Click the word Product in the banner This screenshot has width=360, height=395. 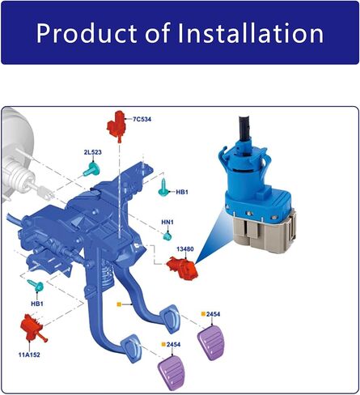tap(87, 33)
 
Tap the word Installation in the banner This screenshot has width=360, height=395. tap(251, 32)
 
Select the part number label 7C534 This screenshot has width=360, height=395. tap(142, 119)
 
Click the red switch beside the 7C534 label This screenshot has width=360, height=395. tap(116, 126)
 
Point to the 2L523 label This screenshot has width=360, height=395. tap(93, 152)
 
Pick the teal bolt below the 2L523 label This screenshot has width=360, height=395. tap(91, 169)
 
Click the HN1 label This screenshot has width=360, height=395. tap(167, 222)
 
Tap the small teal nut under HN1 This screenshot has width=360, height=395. tap(167, 236)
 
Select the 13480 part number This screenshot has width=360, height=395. tap(185, 249)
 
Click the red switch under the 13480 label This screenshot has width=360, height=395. tap(183, 268)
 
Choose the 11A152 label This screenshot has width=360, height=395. tap(29, 355)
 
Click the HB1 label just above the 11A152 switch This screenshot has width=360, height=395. tap(37, 304)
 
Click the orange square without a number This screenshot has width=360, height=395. tap(119, 304)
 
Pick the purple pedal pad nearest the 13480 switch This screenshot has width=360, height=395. tap(211, 342)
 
